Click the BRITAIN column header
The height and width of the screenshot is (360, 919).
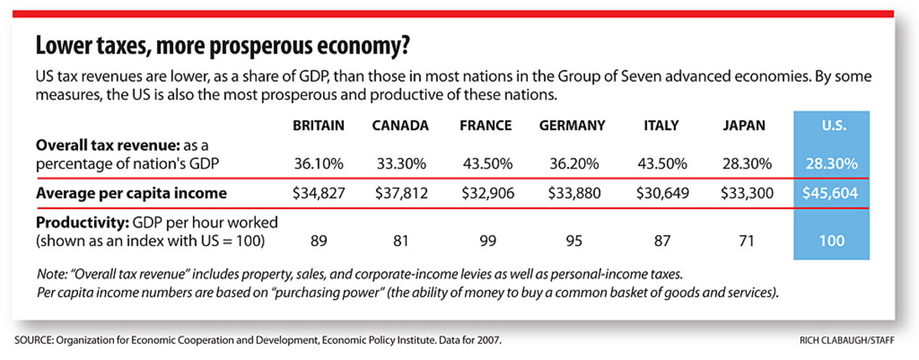tap(319, 126)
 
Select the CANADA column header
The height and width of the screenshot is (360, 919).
tap(401, 126)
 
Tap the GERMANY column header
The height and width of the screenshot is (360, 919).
tap(572, 126)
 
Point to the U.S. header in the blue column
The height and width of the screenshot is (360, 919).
tap(829, 126)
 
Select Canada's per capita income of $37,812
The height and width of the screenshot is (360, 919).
tap(401, 192)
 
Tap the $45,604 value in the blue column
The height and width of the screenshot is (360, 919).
tap(829, 192)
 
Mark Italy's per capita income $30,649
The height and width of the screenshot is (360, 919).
tap(658, 192)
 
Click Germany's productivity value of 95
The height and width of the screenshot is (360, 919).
tap(572, 240)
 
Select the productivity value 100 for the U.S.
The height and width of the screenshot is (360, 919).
tap(829, 240)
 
